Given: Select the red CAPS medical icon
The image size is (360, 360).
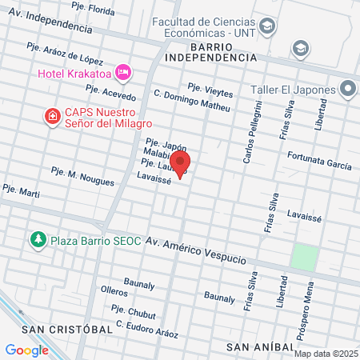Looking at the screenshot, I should (x=53, y=117).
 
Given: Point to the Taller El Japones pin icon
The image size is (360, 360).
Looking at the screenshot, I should (x=349, y=88).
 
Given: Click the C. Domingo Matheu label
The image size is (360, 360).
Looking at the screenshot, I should (x=191, y=100).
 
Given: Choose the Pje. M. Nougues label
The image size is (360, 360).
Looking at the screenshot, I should (x=82, y=176).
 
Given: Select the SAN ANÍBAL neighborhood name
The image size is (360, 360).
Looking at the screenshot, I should (x=259, y=346).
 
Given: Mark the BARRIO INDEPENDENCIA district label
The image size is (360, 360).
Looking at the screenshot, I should (x=211, y=52).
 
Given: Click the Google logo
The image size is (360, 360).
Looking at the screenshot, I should (x=26, y=350).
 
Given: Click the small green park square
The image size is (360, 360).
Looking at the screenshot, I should (x=304, y=258).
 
